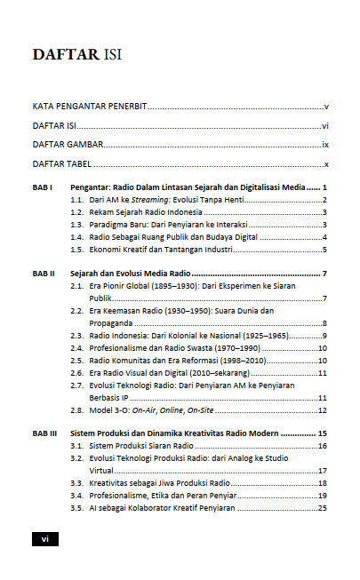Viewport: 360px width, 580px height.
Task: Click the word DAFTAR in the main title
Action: tap(65, 55)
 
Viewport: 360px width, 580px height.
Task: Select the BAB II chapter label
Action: tap(44, 274)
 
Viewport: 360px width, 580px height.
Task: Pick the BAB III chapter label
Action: tap(45, 433)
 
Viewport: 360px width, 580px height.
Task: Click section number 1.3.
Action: tap(76, 225)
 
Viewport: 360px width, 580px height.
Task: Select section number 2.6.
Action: tap(76, 373)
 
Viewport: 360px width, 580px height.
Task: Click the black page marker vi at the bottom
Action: tap(45, 538)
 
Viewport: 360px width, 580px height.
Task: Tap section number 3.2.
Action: tap(76, 457)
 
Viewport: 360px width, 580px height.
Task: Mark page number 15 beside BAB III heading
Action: tap(324, 433)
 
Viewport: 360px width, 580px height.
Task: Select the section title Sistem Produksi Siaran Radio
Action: tap(141, 445)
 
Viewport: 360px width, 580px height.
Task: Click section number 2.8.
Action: tap(76, 410)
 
